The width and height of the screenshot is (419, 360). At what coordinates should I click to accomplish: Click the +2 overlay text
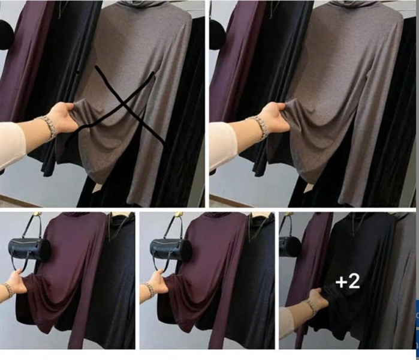coord(348,281)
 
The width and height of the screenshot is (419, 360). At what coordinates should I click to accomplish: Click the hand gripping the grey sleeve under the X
coord(64,117)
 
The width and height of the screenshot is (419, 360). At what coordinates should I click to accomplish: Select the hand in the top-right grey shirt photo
coord(275,117)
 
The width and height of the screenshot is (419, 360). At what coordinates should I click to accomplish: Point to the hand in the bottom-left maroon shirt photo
coord(17,281)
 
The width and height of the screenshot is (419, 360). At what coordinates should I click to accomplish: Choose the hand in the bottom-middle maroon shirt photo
coord(158,281)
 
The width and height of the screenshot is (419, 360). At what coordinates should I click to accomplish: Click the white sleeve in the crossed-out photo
coord(12,145)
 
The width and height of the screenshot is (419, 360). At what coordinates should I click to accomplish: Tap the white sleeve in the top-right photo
coord(222,145)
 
